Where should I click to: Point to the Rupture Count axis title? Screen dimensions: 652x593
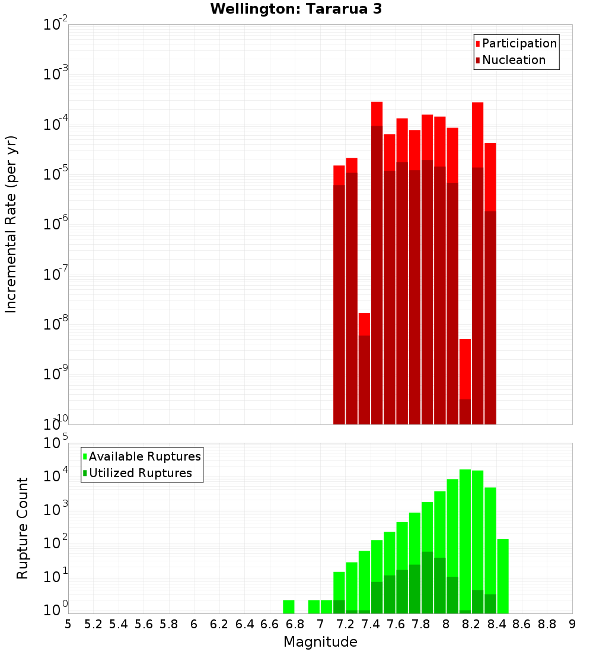[23, 528]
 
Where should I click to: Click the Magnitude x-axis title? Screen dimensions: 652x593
[320, 642]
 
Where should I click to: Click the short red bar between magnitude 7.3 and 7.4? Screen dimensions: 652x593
[364, 368]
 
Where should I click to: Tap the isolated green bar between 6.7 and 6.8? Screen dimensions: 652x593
[289, 607]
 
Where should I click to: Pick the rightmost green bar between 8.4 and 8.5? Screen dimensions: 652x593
[503, 576]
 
